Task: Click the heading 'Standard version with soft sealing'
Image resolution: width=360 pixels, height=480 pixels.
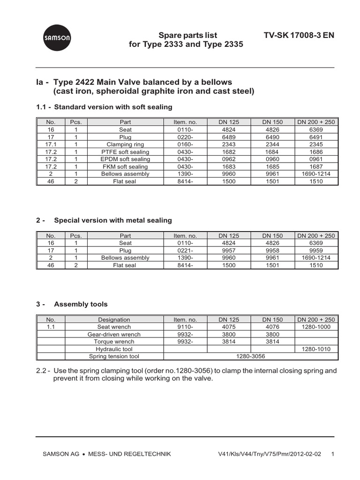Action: tap(113, 107)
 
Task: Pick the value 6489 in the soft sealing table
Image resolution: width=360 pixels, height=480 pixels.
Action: tap(229, 137)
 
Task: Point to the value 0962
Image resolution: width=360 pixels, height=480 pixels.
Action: tap(229, 159)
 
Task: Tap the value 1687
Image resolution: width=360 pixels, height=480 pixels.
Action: tap(316, 167)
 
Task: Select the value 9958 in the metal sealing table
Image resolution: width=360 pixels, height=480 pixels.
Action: tap(272, 250)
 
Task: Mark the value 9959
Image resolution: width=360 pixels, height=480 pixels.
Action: tap(316, 250)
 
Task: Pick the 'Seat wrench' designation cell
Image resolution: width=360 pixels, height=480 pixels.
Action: tap(114, 327)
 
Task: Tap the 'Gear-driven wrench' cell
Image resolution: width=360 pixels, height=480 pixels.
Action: tap(114, 334)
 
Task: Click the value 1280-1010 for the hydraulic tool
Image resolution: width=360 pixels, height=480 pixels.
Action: tap(316, 349)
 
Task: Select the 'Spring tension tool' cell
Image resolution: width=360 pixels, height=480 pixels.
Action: tap(114, 357)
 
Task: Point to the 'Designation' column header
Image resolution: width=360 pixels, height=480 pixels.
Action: tap(114, 319)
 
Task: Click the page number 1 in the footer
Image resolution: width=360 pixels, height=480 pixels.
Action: tap(332, 454)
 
